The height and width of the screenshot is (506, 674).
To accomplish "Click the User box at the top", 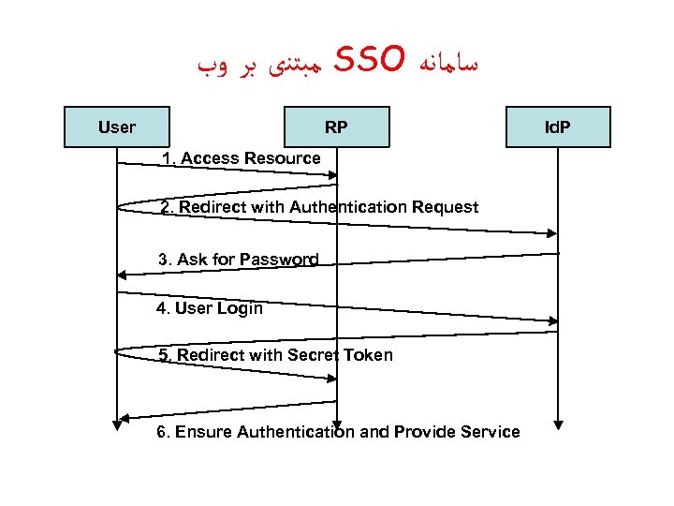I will click(116, 127).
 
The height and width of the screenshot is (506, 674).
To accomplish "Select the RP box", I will click(336, 127).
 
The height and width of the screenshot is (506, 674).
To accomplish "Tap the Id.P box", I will click(558, 127).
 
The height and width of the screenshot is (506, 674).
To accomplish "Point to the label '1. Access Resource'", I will click(241, 158).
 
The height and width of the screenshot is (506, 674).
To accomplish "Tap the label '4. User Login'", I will click(210, 308).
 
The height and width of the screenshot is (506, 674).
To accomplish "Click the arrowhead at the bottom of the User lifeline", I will click(117, 424).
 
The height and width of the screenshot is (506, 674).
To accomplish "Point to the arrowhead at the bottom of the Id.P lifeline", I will click(558, 424).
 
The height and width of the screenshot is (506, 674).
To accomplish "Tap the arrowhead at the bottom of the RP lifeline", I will click(337, 424).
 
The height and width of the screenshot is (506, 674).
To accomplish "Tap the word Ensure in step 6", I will click(203, 432).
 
